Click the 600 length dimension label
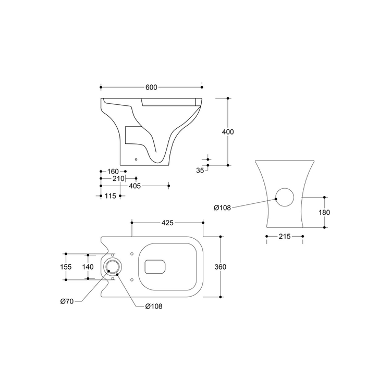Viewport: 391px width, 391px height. coord(151,87)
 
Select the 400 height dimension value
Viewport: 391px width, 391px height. coord(228,132)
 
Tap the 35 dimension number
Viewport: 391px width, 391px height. coord(200,170)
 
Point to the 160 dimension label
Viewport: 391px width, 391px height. coord(113,172)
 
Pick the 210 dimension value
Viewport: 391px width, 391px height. coord(118,178)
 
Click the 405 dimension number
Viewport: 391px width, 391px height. coord(135,186)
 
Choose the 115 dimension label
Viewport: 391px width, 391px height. coord(110,196)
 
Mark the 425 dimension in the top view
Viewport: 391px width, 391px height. coord(167,223)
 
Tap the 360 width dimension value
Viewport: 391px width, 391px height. coord(221,267)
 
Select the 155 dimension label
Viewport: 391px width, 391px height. coord(66,267)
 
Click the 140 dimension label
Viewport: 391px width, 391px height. coord(88,267)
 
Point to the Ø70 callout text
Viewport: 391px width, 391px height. coord(67,301)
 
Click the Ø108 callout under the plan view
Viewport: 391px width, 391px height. coord(154,306)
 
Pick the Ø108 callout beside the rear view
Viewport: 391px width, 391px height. coord(223,207)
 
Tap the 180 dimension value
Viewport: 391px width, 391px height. coord(324,213)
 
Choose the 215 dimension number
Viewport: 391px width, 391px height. coord(285,236)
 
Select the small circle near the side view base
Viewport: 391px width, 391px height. coord(136,159)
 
